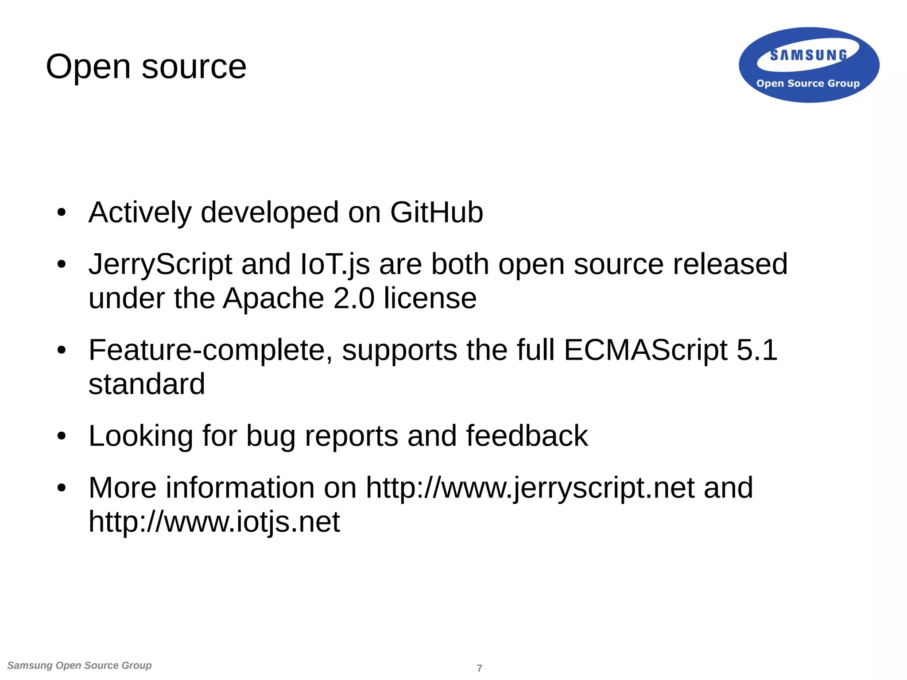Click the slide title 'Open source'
click(146, 67)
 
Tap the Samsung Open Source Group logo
click(809, 66)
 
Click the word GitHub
click(436, 212)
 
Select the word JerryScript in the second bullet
click(160, 264)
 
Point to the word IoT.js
click(335, 264)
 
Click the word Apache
click(273, 298)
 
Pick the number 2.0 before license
click(354, 298)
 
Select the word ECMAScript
click(645, 350)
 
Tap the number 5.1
click(757, 350)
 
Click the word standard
click(147, 384)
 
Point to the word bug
click(271, 436)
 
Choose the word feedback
click(527, 436)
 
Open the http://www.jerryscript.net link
click(530, 488)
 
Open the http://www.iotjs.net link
click(214, 522)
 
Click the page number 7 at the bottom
click(479, 668)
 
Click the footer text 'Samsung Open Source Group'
click(80, 665)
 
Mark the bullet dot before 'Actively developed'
click(62, 212)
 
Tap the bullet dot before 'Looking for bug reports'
click(62, 436)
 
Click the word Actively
click(140, 212)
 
